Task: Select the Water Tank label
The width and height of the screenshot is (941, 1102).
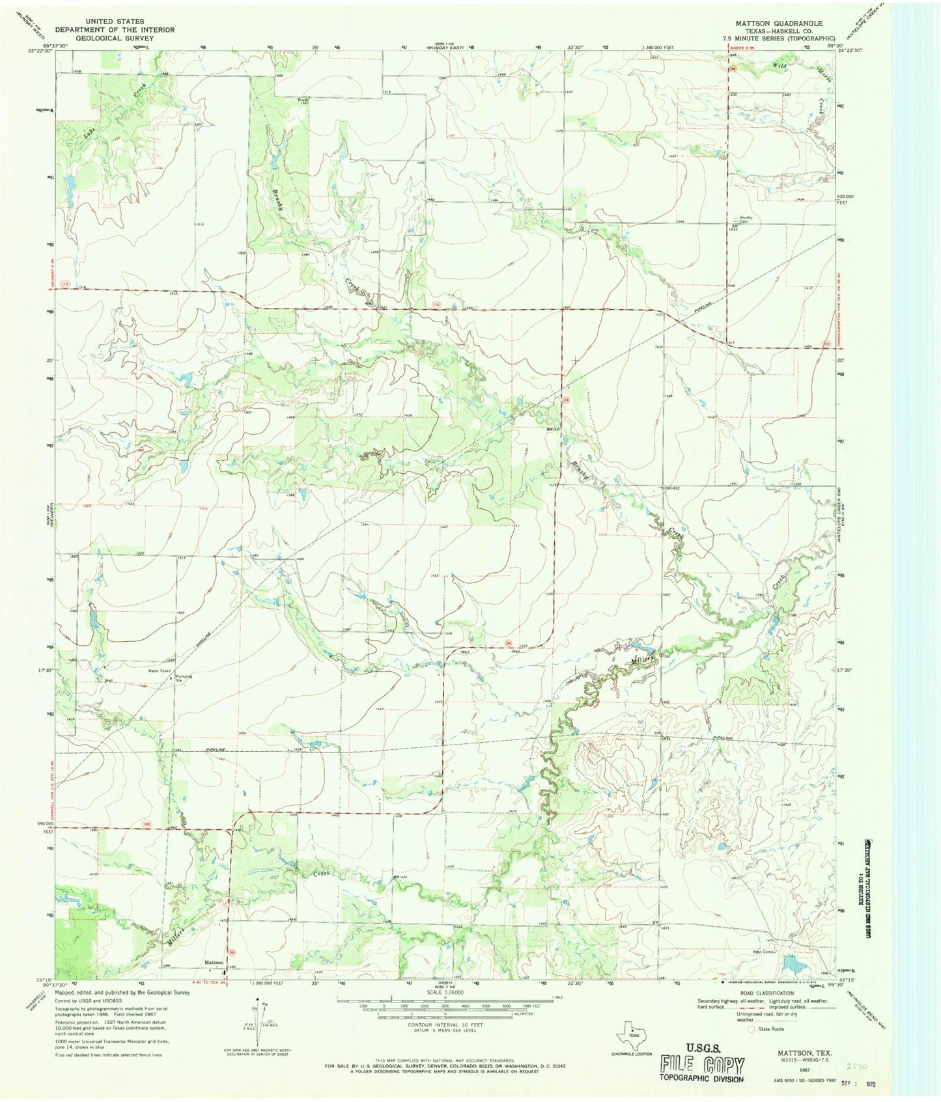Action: click(158, 670)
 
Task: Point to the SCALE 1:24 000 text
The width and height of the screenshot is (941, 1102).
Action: click(447, 992)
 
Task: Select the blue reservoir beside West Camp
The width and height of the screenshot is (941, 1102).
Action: click(793, 962)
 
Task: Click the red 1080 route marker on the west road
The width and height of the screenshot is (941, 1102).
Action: click(147, 825)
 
